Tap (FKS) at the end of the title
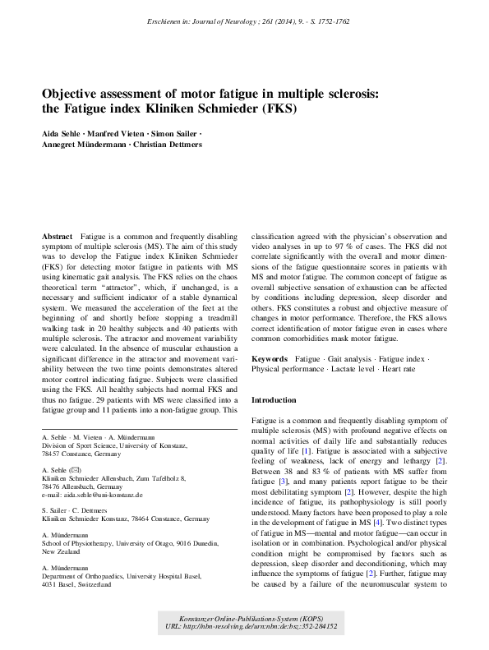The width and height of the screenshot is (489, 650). coord(278,108)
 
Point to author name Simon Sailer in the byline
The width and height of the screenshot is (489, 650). coord(178,133)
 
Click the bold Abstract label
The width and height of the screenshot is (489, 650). coord(58,236)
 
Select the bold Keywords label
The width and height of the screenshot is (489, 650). coord(269,359)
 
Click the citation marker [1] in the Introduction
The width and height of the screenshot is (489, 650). coord(305,450)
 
